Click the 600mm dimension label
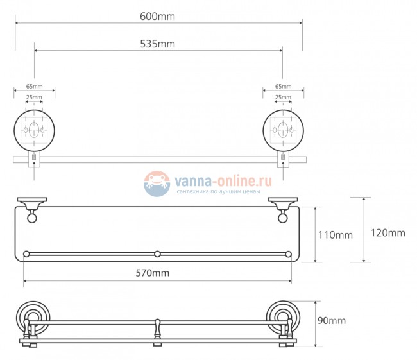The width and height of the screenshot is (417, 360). [157, 17]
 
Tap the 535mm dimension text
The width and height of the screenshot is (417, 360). [157, 44]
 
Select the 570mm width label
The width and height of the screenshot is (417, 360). [153, 273]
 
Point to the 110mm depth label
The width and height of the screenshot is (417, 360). [336, 236]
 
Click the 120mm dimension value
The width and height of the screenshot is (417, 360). [388, 233]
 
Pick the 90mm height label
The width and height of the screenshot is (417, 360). [332, 321]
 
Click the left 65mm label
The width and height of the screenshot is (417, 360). [34, 86]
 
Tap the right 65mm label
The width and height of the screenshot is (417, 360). [283, 86]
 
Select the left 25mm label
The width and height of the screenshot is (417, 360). [34, 97]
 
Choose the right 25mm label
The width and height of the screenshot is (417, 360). [283, 97]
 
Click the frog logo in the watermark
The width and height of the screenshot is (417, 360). [157, 184]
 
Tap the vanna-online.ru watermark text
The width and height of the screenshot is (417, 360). [223, 182]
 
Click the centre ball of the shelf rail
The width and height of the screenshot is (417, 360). [157, 254]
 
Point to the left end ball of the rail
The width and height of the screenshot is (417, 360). [26, 254]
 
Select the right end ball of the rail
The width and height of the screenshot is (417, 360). [288, 254]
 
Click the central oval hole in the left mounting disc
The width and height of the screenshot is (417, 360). [34, 130]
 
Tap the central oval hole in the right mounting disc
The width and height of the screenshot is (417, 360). [283, 130]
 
